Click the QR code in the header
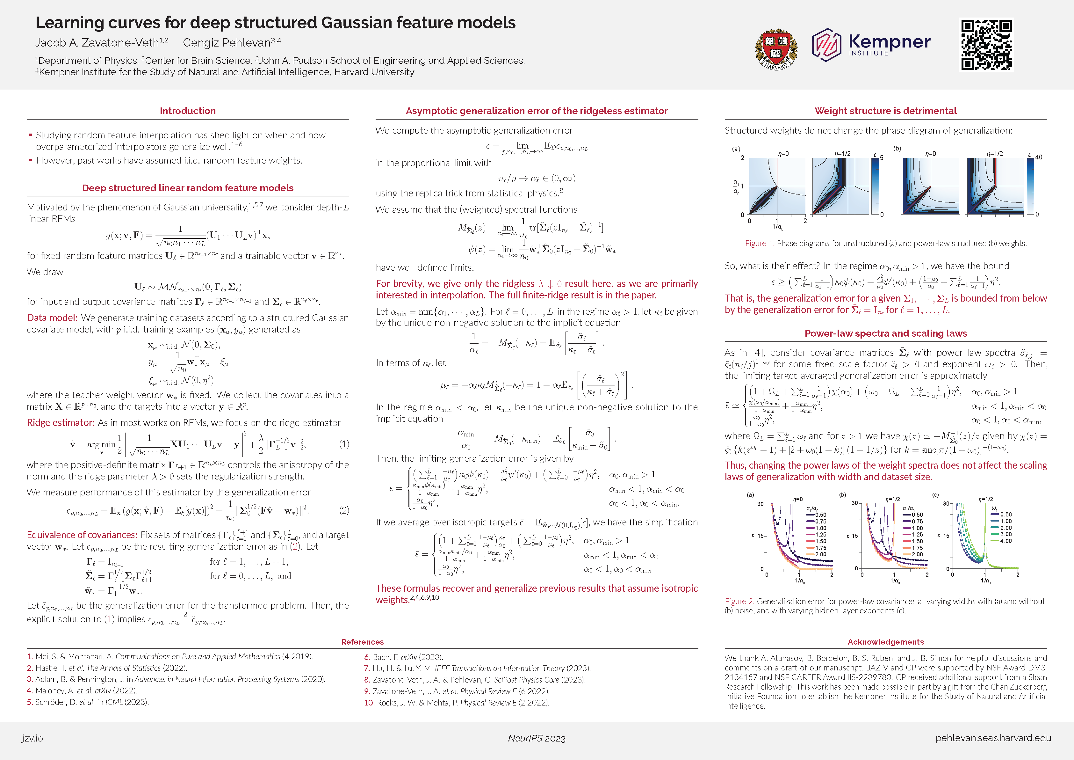[x=986, y=45]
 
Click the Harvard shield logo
[x=776, y=49]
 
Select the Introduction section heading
[x=188, y=111]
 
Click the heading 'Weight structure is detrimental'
[x=885, y=111]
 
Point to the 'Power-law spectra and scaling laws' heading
[x=885, y=333]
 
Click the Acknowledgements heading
[x=885, y=642]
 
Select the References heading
[x=362, y=642]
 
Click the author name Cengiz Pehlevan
[x=227, y=43]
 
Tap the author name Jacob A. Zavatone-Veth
[x=97, y=43]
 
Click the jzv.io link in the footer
[x=32, y=738]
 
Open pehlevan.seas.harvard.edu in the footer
[x=993, y=738]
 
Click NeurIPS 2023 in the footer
[x=537, y=738]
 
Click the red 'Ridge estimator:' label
[x=60, y=423]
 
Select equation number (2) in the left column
[x=344, y=510]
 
